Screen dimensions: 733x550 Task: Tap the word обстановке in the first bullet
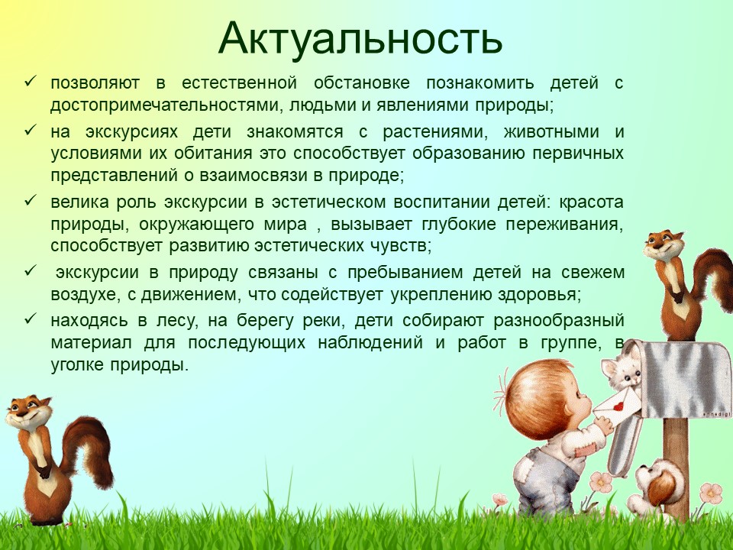tap(362, 82)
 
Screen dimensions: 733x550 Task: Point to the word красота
tap(591, 202)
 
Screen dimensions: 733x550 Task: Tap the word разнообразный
tap(559, 321)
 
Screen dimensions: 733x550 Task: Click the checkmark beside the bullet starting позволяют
tap(31, 82)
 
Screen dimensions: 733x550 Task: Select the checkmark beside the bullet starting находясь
tap(31, 319)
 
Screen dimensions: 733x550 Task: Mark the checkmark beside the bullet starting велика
tap(31, 201)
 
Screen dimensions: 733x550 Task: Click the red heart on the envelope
tap(619, 406)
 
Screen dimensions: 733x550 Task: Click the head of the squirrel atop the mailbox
tap(663, 245)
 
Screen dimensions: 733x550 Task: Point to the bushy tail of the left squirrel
tap(89, 449)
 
